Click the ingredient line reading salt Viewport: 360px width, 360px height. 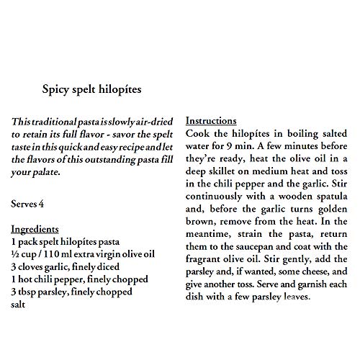click(20, 305)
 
